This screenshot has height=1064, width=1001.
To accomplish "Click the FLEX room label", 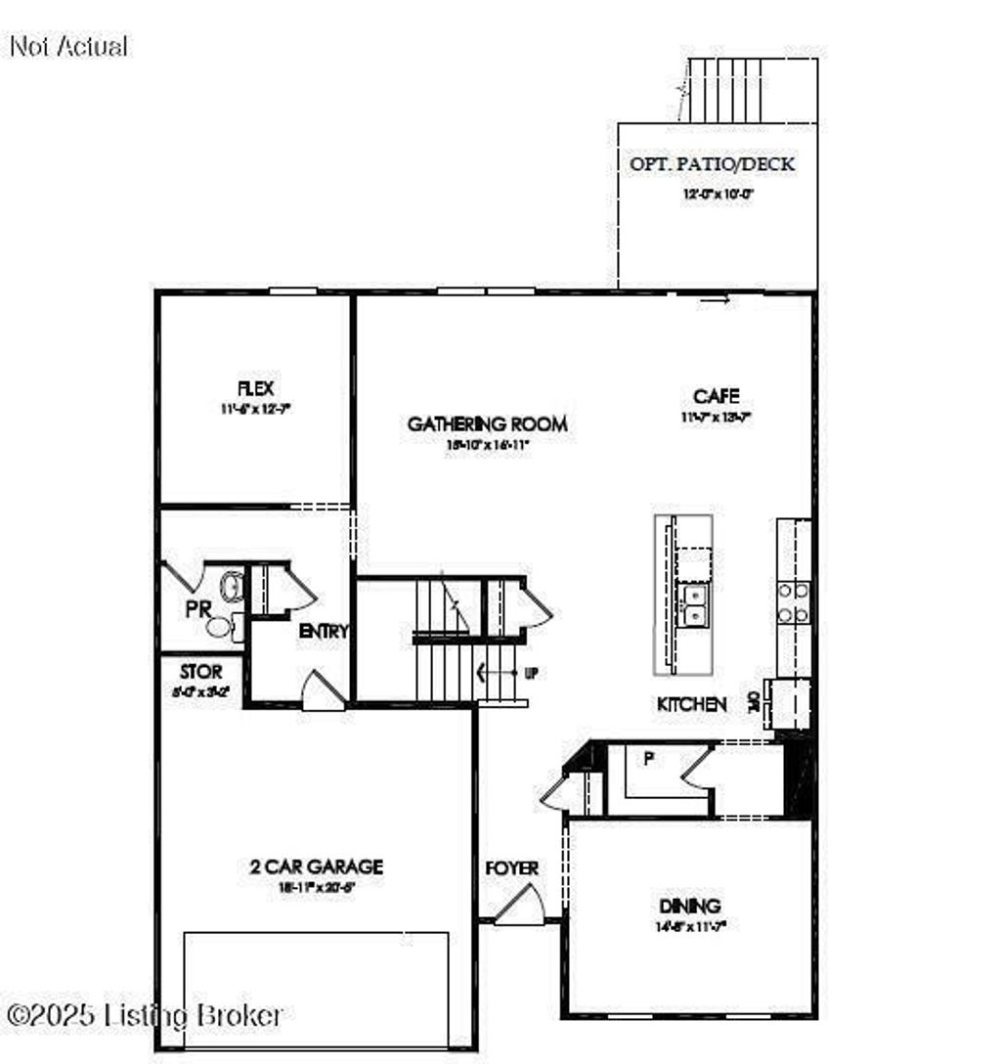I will [x=255, y=390].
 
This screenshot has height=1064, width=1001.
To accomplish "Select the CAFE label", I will [x=716, y=396].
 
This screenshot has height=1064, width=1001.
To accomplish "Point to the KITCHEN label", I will [x=691, y=704].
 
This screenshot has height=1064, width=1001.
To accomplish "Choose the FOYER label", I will [x=511, y=867].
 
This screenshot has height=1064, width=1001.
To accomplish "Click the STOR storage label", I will [x=200, y=673].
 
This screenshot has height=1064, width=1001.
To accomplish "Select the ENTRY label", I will [x=323, y=632].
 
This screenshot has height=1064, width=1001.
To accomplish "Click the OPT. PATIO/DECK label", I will [x=712, y=164].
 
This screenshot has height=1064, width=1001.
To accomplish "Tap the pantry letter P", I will [x=647, y=759].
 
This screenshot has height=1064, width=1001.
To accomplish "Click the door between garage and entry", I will [x=322, y=690].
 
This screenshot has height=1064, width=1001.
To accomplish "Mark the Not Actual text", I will [x=68, y=46].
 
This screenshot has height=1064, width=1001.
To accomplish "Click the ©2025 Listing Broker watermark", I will [x=145, y=1015].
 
